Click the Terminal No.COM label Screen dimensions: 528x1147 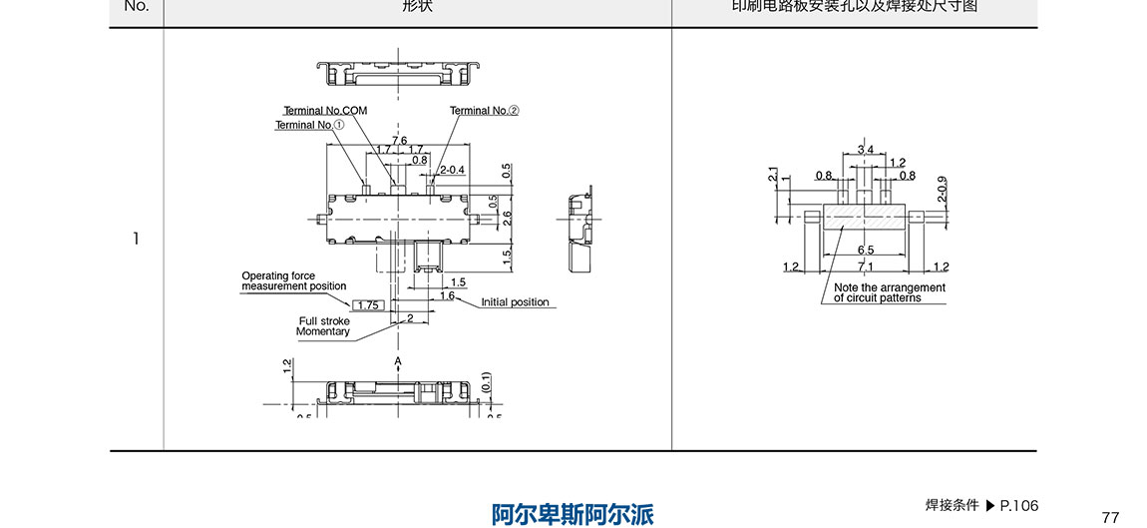(325, 110)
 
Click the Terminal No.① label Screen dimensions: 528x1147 (309, 125)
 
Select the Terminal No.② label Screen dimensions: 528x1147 (485, 110)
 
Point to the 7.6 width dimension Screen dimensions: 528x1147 (399, 141)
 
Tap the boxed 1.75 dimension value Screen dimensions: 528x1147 (369, 304)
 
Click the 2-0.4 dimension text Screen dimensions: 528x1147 (453, 169)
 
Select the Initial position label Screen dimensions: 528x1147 (515, 302)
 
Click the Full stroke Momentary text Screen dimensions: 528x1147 (323, 326)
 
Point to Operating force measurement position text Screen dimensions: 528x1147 (293, 281)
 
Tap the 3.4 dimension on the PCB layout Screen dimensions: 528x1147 (865, 150)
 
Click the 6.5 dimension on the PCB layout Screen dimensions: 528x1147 (865, 250)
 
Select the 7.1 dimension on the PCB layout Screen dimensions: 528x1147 (865, 266)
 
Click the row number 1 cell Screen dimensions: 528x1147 (136, 239)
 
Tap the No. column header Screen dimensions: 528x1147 (136, 6)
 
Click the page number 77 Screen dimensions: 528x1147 (1110, 516)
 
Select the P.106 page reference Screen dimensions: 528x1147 (1019, 505)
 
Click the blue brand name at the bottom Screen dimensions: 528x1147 (573, 514)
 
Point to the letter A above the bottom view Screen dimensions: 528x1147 (397, 360)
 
